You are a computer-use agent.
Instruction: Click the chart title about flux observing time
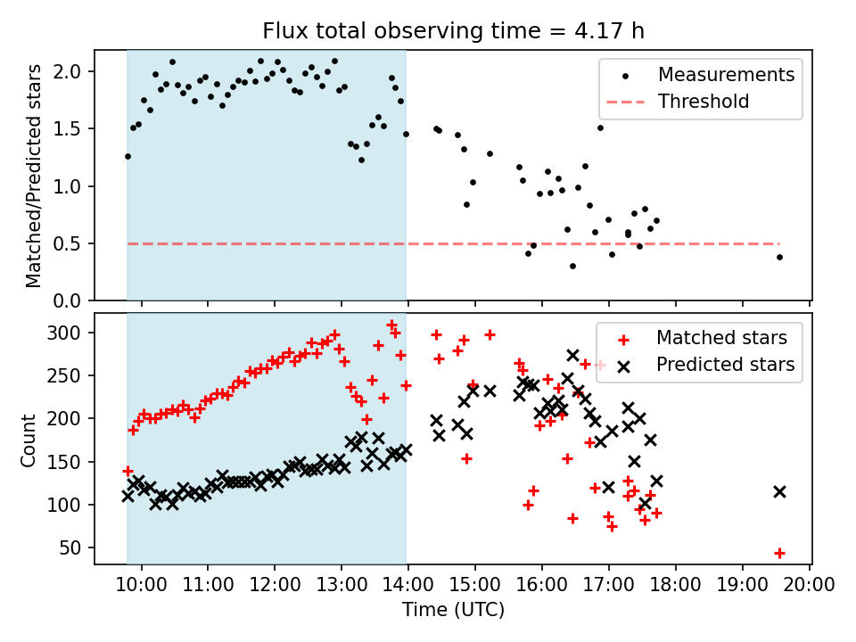tap(453, 31)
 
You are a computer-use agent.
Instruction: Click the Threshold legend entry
tap(703, 102)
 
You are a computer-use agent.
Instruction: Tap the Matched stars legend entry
tap(721, 338)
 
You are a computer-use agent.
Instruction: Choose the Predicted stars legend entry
tap(726, 364)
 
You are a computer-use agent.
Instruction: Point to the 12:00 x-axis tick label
tap(275, 585)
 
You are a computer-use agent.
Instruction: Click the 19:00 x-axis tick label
tap(743, 585)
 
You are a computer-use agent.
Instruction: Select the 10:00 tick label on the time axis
tap(141, 585)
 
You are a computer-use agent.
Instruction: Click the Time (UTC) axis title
tap(453, 610)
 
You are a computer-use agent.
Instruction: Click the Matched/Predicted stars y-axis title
tap(33, 176)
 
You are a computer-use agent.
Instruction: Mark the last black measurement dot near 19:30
tap(779, 257)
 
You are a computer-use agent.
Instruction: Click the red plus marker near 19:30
tap(779, 553)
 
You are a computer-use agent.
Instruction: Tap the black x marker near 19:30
tap(779, 491)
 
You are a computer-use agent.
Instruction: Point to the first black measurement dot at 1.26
tap(128, 156)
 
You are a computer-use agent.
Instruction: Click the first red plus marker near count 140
tap(128, 471)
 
